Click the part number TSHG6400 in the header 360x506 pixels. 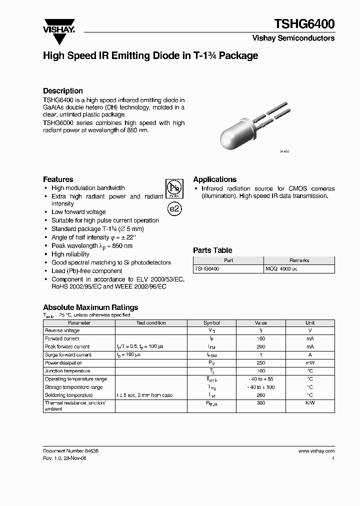[304, 23]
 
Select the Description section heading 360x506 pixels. [63, 91]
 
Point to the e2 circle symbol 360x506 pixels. [173, 209]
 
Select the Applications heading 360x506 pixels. [215, 179]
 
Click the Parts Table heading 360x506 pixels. [212, 250]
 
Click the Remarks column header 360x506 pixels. [299, 260]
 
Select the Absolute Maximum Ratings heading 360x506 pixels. [90, 307]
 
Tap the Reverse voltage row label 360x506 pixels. [62, 330]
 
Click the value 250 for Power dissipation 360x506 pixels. [261, 363]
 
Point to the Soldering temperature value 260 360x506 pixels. [261, 395]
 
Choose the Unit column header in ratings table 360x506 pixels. [310, 323]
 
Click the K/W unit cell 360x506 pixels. [310, 403]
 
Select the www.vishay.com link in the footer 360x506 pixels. [316, 450]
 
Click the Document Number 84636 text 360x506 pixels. [71, 450]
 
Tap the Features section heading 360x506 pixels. [58, 179]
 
